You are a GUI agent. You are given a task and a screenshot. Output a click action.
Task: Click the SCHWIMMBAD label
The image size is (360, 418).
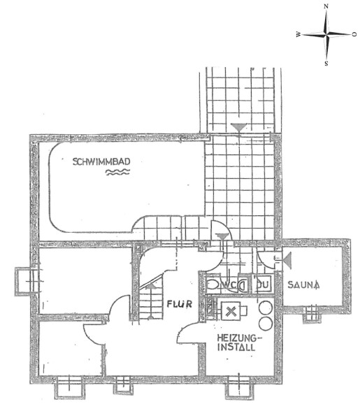coord(101,161)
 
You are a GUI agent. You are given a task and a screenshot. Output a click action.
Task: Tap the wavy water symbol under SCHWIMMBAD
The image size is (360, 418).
coord(118,172)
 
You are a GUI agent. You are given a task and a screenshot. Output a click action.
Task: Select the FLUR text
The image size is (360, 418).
coord(180,304)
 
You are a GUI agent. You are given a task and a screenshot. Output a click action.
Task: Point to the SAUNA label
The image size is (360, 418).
coord(303,284)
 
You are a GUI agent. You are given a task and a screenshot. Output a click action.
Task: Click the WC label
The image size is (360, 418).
coord(229,284)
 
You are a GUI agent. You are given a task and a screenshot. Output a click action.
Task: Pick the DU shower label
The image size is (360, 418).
coord(263,284)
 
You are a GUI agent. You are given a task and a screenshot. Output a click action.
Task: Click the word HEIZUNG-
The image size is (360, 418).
coord(240,338)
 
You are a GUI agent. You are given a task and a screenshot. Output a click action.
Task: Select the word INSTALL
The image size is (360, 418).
coord(236,347)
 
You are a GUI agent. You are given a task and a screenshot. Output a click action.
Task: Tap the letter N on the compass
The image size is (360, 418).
coord(326,6)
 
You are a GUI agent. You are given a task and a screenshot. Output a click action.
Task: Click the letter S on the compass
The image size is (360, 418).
coord(326,64)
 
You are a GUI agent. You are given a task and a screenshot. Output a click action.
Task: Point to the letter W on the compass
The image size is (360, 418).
coord(298,34)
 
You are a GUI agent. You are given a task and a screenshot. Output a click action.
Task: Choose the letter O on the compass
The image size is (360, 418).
coord(354,34)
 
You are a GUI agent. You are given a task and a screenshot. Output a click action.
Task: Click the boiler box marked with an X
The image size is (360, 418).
coord(231,311)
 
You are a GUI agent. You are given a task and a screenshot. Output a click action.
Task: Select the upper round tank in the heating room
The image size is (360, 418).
coord(266,308)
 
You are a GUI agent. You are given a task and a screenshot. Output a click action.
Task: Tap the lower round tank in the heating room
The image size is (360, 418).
coord(266,324)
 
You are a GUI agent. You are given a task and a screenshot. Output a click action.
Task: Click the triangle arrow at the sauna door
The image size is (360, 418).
coord(287,261)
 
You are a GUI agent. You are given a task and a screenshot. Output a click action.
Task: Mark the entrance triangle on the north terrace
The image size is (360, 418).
coord(239,127)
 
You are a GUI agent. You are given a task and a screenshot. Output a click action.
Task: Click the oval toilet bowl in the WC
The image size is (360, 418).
coord(213,285)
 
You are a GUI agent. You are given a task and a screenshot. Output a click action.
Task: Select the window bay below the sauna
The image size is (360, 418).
coord(312,315)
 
